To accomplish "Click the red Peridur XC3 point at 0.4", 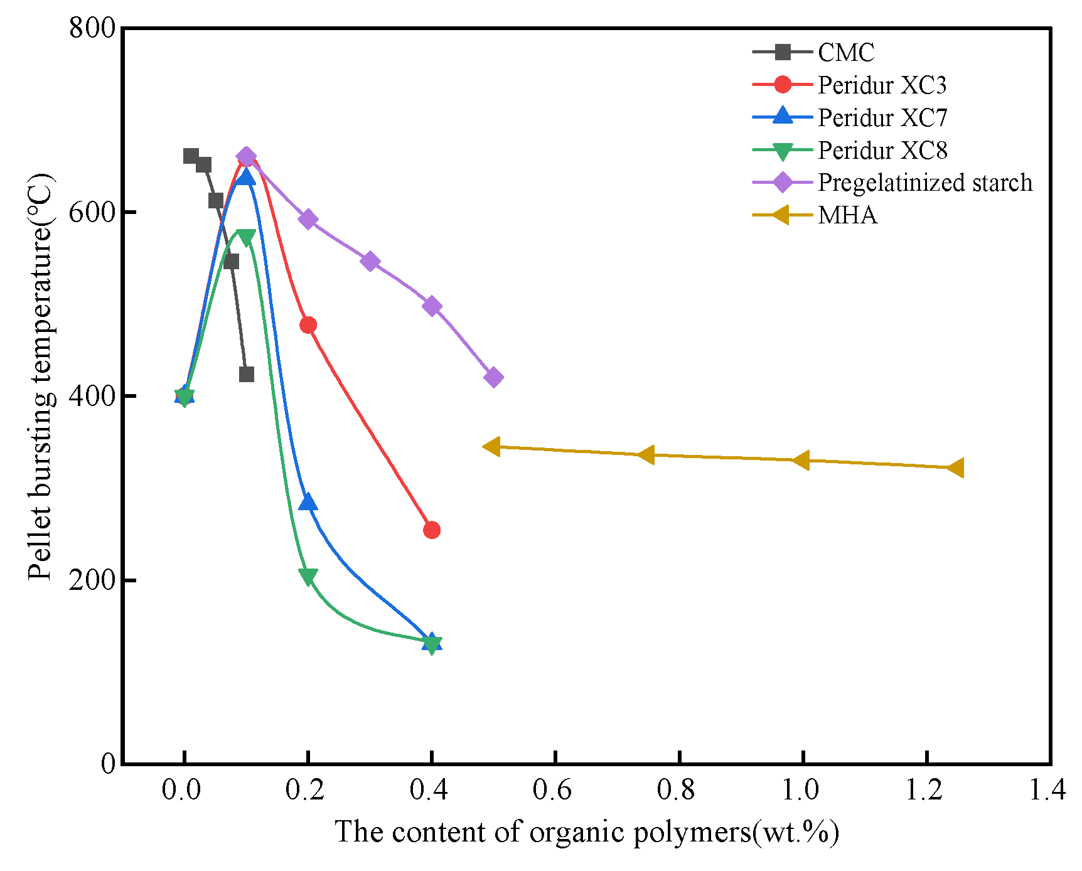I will point(432,530).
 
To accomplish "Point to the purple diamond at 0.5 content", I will point(493,378).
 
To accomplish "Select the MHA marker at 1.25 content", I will point(956,468).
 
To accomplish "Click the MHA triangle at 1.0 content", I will point(801,461).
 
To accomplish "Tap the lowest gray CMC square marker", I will point(247,375).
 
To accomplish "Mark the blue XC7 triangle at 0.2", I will point(308,502).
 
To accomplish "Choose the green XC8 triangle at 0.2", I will point(308,576).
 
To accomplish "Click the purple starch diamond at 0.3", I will point(370,262).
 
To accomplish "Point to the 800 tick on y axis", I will point(92,29).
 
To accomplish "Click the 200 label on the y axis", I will point(92,580).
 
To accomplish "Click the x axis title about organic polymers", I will point(586,833).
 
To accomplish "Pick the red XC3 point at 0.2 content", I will point(308,325).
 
